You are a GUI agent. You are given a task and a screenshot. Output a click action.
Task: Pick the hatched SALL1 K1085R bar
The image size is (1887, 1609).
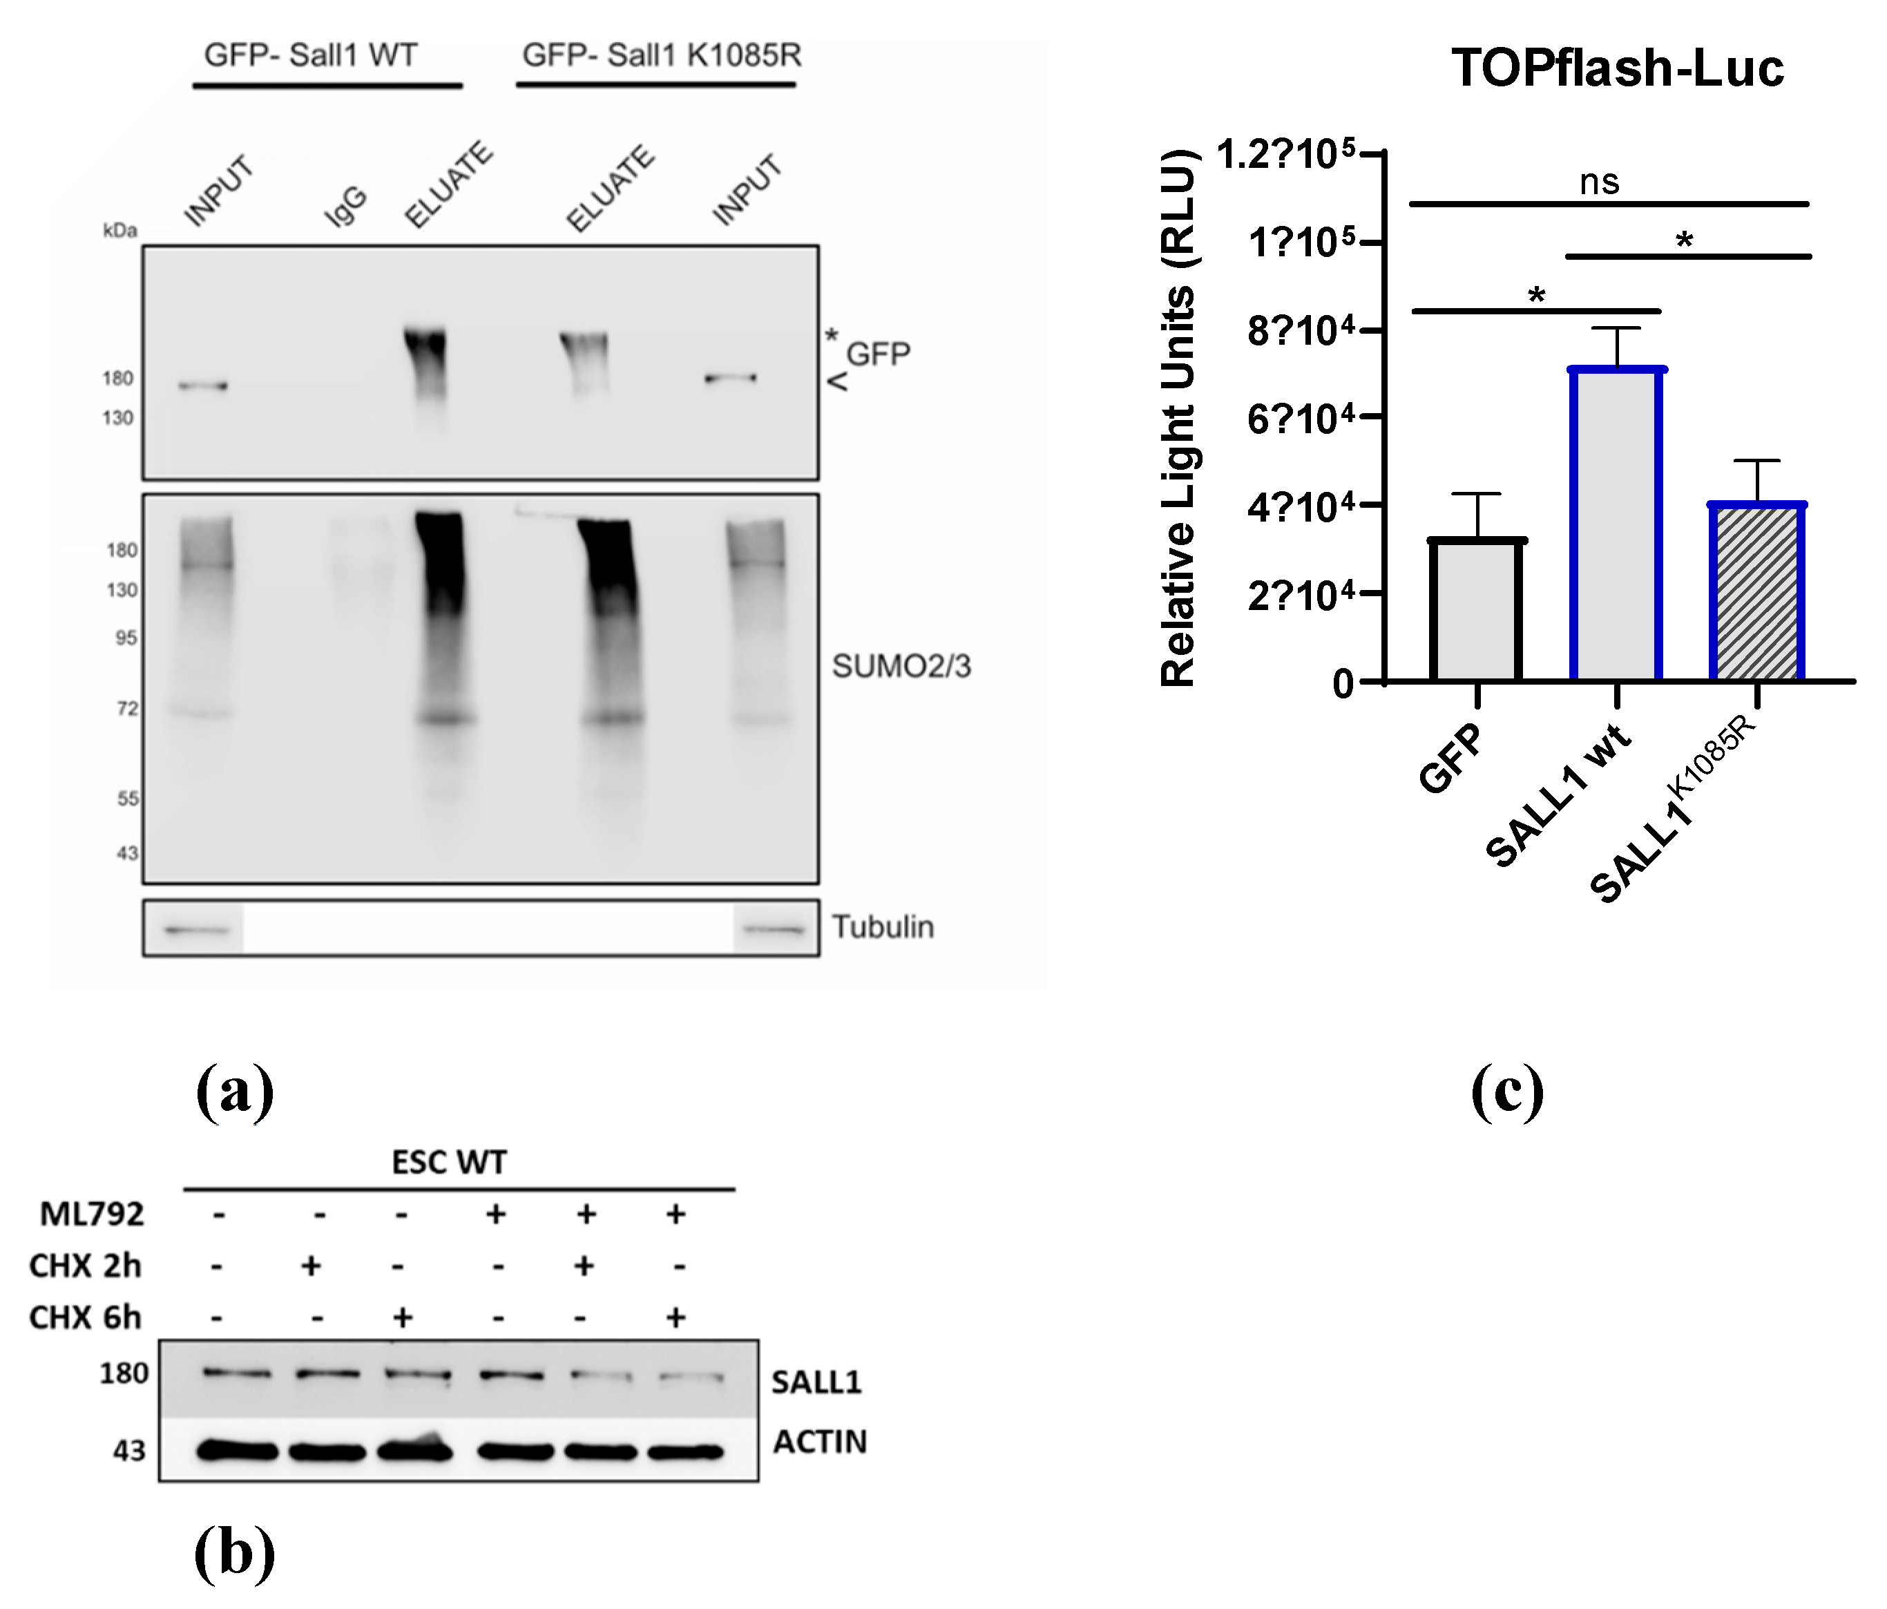tap(1756, 592)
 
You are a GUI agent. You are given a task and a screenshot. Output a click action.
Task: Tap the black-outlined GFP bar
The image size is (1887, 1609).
tap(1476, 611)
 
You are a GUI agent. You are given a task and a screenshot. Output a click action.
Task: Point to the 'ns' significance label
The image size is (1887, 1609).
tap(1599, 182)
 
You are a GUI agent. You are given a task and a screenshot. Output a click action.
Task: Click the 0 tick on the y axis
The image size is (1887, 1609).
tap(1343, 683)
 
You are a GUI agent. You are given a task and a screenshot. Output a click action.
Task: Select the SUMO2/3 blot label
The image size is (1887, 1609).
tap(901, 666)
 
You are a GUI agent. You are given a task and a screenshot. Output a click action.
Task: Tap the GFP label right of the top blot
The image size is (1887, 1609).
tap(878, 354)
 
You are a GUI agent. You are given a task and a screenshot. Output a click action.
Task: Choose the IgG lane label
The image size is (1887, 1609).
tap(346, 206)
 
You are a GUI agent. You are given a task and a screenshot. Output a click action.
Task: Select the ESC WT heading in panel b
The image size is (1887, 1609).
tap(449, 1163)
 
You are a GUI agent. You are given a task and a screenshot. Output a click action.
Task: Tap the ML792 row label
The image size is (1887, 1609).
tap(92, 1214)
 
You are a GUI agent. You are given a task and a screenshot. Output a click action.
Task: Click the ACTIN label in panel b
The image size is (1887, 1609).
tap(820, 1441)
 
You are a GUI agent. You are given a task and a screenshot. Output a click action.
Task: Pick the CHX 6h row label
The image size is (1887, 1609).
tap(86, 1317)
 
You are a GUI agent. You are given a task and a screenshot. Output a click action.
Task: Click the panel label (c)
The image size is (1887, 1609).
tap(1507, 1091)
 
